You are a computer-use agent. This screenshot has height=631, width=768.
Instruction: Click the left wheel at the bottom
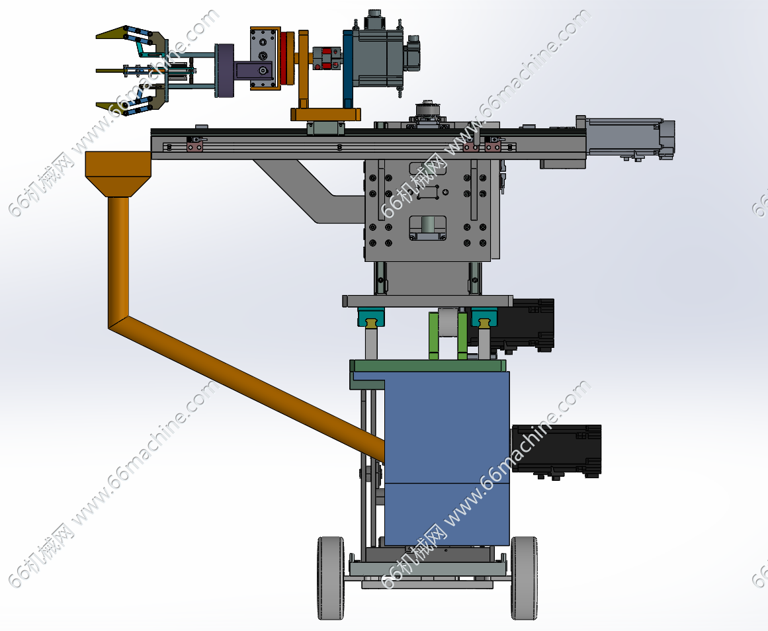coord(331,578)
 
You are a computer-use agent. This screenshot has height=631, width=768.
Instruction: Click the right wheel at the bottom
coord(524,578)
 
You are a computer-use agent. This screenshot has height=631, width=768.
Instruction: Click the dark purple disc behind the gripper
coord(225,71)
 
